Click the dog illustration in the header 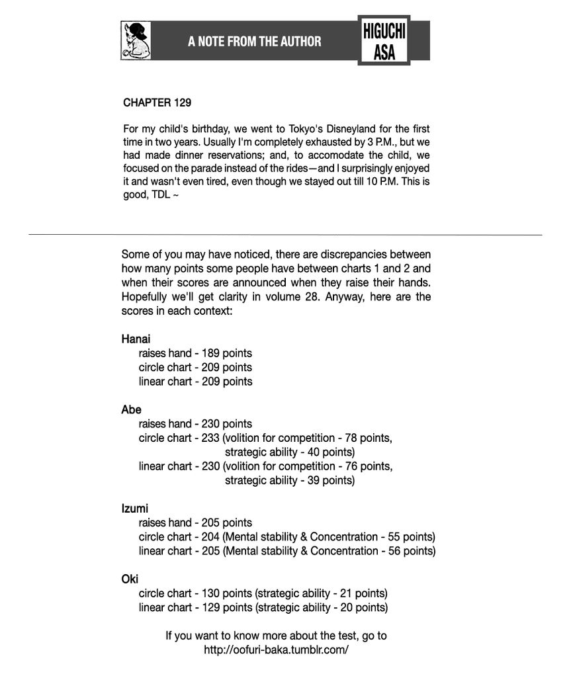click(x=136, y=40)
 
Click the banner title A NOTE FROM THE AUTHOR click(x=254, y=42)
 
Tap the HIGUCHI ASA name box click(x=384, y=41)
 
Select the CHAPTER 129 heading click(x=157, y=103)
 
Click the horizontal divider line click(x=285, y=234)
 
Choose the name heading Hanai click(x=136, y=339)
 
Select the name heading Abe click(x=131, y=410)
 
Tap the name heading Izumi click(x=134, y=509)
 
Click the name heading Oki click(x=130, y=579)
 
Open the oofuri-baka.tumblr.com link click(x=276, y=650)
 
